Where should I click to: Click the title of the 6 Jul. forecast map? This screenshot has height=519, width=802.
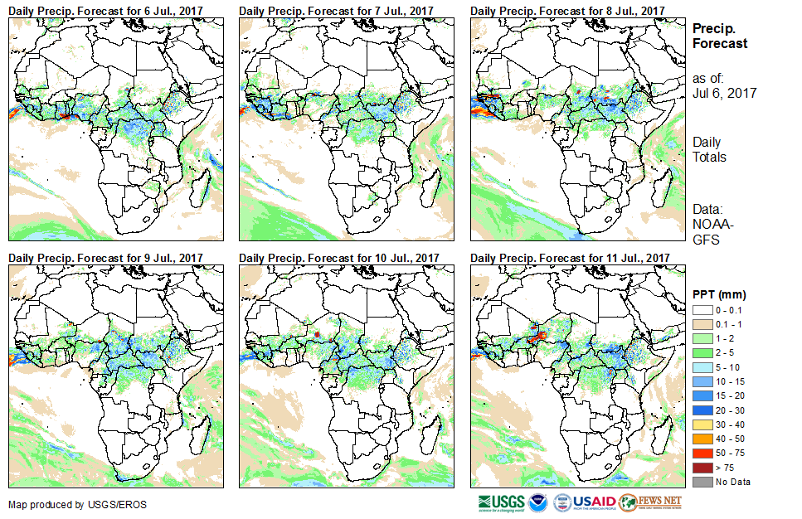[x=105, y=11]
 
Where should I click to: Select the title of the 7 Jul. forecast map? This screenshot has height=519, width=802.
[x=336, y=11]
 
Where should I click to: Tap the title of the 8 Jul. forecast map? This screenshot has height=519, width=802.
[x=567, y=11]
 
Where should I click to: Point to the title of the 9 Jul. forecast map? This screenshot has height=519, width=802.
[x=105, y=259]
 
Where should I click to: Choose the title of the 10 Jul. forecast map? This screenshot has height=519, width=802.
[x=339, y=259]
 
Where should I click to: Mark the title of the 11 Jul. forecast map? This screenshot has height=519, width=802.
[x=570, y=259]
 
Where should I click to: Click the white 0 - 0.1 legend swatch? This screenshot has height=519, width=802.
[x=702, y=308]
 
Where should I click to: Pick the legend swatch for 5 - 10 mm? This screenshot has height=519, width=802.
[x=702, y=366]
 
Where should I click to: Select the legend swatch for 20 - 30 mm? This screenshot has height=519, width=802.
[x=702, y=410]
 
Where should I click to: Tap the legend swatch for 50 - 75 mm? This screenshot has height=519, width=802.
[x=702, y=453]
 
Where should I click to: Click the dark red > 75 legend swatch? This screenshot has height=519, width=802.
[x=702, y=468]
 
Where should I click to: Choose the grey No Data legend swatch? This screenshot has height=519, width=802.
[x=702, y=482]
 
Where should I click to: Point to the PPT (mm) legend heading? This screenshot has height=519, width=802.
[x=719, y=294]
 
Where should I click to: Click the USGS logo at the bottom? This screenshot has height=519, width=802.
[x=500, y=502]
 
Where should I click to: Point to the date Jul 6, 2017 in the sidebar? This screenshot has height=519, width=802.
[x=724, y=94]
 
